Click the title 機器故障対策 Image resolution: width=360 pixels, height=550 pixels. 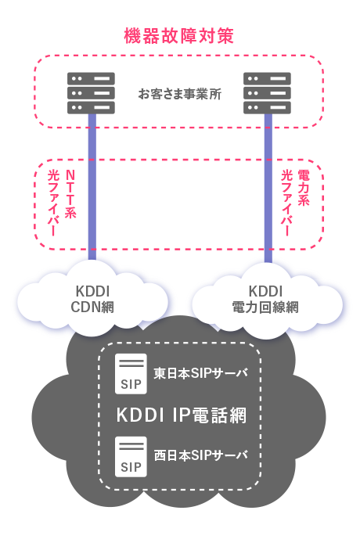(179, 36)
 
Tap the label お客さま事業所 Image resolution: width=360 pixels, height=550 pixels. (180, 94)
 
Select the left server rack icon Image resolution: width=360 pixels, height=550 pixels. (92, 93)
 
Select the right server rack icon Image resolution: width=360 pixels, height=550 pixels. (268, 93)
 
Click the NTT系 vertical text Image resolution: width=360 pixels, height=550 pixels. (70, 194)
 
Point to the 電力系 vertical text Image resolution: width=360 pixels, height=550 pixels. (303, 188)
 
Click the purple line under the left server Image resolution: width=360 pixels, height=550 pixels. (92, 187)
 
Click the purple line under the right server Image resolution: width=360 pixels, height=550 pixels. (268, 188)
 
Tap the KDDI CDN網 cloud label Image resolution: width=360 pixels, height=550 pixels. (92, 299)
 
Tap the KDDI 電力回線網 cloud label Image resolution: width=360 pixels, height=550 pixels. (265, 299)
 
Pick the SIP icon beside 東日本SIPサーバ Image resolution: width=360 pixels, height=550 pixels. (131, 373)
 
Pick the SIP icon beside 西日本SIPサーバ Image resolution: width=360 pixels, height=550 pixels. (131, 457)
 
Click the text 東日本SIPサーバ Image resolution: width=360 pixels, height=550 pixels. (201, 373)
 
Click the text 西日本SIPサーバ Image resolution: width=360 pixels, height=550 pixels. (201, 455)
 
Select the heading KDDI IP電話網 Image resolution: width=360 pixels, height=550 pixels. (182, 415)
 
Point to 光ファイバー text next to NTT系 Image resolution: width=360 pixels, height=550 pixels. (53, 203)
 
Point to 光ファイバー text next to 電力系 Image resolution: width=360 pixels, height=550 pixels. (287, 203)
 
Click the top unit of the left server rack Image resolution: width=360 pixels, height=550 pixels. (92, 78)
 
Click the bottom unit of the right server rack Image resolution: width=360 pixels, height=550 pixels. (268, 108)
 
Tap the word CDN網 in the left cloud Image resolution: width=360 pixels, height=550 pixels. (92, 307)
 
